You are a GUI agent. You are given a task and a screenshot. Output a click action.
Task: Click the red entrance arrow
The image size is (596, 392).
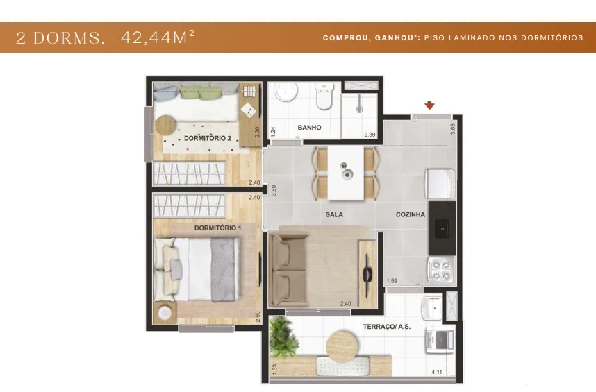click(x=429, y=105)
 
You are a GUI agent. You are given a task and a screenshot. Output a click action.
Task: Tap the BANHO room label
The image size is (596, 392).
click(x=309, y=128)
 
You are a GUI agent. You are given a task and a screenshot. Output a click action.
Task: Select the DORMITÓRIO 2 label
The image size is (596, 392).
click(x=208, y=138)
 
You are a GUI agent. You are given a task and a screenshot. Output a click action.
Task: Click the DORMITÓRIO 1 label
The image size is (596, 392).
click(x=218, y=228)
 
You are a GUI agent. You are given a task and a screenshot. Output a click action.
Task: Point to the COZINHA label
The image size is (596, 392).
click(x=411, y=214)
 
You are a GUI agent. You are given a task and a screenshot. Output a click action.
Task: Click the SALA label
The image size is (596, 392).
click(x=335, y=214)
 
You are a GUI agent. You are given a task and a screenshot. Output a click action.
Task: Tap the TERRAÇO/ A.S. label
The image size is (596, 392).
click(x=387, y=326)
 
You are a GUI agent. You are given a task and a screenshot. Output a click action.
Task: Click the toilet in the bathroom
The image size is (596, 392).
click(x=324, y=96)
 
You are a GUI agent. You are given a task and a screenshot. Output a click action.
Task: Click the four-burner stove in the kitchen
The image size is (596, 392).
click(x=442, y=270)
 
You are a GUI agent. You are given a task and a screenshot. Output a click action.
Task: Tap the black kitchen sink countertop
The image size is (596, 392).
click(x=442, y=228)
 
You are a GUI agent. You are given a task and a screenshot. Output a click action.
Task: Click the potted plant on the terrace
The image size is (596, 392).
click(x=283, y=337)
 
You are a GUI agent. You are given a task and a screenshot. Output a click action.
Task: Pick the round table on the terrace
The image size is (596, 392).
click(x=342, y=346)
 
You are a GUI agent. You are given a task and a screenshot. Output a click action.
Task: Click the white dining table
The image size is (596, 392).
click(x=346, y=173)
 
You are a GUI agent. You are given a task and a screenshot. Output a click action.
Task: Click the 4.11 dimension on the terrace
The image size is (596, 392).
click(x=437, y=373)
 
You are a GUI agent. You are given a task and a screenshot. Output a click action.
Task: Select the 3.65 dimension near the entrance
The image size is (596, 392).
click(x=452, y=129)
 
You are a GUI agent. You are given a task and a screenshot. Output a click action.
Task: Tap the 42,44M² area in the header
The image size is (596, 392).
click(x=158, y=37)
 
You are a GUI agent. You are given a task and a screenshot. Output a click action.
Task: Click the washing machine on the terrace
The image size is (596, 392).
click(x=440, y=340)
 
